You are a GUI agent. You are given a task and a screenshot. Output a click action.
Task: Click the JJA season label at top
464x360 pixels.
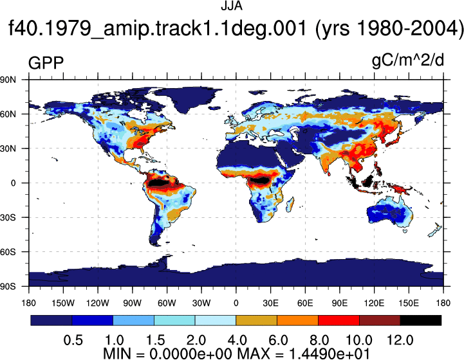coord(232,6)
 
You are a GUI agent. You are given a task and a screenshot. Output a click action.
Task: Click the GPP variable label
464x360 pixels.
coord(46,62)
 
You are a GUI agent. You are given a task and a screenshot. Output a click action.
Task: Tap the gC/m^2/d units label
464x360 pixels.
coord(408,60)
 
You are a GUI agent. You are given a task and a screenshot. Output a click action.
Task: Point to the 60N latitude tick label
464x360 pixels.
coord(8,114)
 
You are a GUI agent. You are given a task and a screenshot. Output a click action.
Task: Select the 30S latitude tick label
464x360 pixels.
coord(8,217)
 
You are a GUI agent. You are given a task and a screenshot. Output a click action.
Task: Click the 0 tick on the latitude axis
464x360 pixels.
coord(13,183)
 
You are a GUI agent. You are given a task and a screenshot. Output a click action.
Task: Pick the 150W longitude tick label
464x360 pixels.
coord(63,303)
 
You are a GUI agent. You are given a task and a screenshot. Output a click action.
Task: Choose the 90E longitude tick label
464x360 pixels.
coord(339,303)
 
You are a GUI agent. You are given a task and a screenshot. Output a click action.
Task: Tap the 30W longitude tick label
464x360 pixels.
coord(201,303)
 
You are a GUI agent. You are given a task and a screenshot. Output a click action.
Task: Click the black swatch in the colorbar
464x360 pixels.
coord(420,320)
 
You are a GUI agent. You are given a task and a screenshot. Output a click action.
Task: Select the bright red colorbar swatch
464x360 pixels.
coord(339,320)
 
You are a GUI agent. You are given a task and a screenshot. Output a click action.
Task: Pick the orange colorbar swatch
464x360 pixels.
coord(297,320)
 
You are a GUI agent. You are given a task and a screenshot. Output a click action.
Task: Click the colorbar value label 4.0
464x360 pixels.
coord(237,340)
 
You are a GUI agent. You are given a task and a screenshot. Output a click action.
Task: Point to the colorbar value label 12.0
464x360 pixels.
coord(400,340)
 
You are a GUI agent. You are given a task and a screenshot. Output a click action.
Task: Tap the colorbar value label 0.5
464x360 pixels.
coord(73,340)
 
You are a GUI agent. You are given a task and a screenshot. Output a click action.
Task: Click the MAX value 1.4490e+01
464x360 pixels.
coord(329,353)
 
